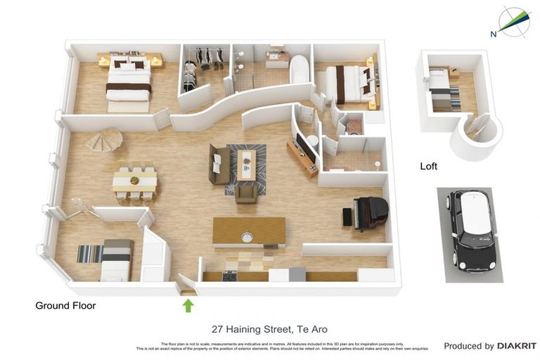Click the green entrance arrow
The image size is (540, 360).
pos(188,305)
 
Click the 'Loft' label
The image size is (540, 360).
pos(428,167)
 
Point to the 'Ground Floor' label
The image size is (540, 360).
pos(65,306)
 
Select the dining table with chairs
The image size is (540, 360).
pos(134,181)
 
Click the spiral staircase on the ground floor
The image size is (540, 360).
pos(103,142)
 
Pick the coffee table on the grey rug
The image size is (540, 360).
pos(246,165)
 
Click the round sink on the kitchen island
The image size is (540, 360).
pos(247,238)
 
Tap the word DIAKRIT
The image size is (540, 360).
pos(517,346)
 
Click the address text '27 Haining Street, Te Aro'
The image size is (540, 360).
pos(269,329)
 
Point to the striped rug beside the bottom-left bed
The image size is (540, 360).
pos(89,253)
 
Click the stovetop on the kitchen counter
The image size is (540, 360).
pos(230,276)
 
